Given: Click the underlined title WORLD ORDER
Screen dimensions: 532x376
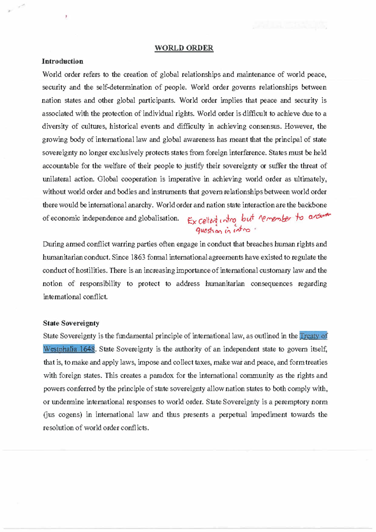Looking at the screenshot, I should (x=184, y=48).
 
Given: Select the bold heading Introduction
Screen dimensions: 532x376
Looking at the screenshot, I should (x=63, y=61).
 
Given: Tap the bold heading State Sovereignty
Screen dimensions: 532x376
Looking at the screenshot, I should (x=71, y=323).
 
